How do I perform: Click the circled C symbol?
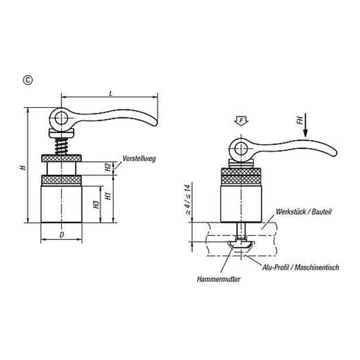pyautogui.click(x=28, y=80)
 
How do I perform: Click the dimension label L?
pyautogui.click(x=111, y=93)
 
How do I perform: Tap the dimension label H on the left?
pyautogui.click(x=23, y=167)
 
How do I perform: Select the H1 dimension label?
pyautogui.click(x=108, y=196)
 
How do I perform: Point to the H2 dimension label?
pyautogui.click(x=108, y=167)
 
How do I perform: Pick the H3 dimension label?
pyautogui.click(x=96, y=204)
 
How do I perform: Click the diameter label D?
pyautogui.click(x=61, y=235)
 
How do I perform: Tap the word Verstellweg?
pyautogui.click(x=139, y=158)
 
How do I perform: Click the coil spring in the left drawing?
pyautogui.click(x=61, y=146)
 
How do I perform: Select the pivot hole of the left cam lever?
pyautogui.click(x=61, y=118)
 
